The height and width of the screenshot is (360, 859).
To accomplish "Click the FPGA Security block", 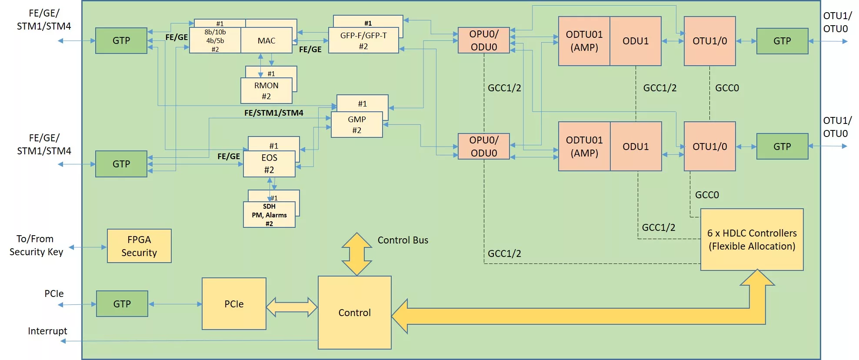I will tap(139, 246).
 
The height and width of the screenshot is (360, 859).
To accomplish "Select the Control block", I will tap(354, 313).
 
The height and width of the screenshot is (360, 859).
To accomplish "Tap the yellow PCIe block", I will tap(234, 304).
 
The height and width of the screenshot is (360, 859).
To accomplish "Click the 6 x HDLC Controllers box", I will tap(752, 240).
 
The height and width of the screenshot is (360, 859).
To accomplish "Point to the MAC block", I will tap(266, 41).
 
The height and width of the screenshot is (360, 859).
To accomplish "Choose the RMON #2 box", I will tap(266, 91).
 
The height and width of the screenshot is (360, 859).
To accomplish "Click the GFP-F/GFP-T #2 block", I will tap(363, 41).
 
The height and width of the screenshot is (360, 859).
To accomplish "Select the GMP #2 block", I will tap(356, 125).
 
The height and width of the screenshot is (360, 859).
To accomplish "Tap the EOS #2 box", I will tap(269, 164).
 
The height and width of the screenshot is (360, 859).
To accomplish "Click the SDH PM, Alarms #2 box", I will tap(269, 215).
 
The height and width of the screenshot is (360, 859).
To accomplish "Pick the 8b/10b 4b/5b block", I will tap(215, 41).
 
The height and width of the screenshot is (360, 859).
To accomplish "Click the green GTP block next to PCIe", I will tap(122, 304).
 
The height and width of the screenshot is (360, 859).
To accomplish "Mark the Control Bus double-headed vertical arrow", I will tap(356, 254).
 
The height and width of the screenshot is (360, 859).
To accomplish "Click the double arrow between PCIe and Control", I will tap(292, 307).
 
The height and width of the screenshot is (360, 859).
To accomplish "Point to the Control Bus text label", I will tap(403, 240).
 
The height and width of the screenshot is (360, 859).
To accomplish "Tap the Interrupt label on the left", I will tap(47, 331).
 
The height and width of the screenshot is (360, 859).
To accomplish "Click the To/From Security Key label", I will tap(36, 246).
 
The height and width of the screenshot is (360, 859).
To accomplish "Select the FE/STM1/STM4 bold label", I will tap(273, 113).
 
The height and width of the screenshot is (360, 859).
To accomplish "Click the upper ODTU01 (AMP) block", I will tap(584, 41).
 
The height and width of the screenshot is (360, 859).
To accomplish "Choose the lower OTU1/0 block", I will tap(709, 147).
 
